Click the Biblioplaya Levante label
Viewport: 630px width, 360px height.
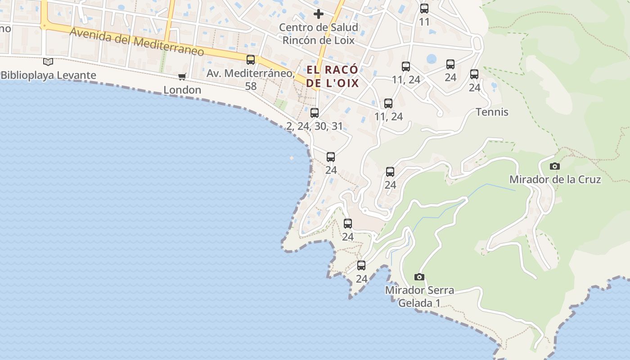(49, 75)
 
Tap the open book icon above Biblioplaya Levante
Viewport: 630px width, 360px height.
(48, 62)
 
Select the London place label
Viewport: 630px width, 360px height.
(182, 90)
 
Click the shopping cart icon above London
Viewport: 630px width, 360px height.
(182, 76)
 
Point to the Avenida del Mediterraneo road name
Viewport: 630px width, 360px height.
(137, 43)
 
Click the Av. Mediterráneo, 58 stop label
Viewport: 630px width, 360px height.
(251, 79)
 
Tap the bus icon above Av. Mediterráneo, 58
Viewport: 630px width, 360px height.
(251, 60)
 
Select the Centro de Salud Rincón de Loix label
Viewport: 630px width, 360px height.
(319, 34)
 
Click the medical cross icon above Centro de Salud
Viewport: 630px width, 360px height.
(319, 14)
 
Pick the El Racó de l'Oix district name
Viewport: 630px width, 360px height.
(333, 76)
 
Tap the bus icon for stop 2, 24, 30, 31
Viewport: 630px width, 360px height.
(315, 113)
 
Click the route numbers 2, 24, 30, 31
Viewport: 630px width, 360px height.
(315, 126)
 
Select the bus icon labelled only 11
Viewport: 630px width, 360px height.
(424, 9)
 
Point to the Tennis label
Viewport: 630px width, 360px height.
(492, 112)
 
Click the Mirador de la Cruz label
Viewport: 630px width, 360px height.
(555, 180)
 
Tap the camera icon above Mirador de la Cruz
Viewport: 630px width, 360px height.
(555, 166)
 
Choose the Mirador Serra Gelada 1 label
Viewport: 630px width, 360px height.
(419, 297)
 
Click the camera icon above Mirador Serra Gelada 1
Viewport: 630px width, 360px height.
(419, 277)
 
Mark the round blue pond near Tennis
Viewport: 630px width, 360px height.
(432, 59)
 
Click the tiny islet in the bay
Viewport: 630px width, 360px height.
(292, 158)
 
